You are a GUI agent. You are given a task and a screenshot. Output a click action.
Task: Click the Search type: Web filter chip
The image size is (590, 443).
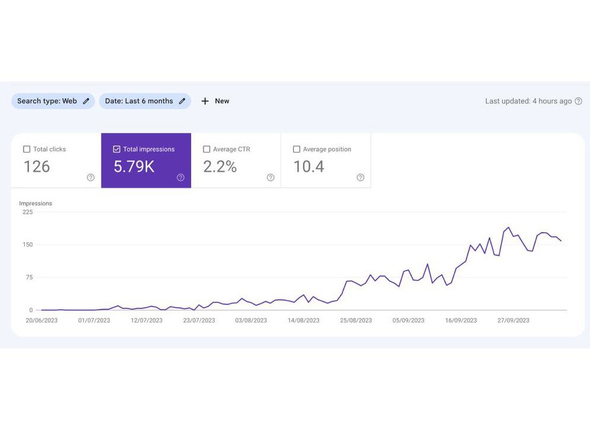tap(53, 101)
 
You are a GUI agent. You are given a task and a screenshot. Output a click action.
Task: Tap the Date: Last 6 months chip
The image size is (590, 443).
tap(145, 101)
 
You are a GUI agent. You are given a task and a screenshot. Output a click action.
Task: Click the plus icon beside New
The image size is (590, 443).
tap(205, 101)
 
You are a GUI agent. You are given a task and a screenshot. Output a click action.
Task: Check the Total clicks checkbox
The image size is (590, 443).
tap(27, 149)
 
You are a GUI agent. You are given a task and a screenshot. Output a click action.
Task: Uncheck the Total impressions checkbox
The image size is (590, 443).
tap(117, 149)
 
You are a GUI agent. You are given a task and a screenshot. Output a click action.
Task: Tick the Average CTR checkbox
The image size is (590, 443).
tap(206, 149)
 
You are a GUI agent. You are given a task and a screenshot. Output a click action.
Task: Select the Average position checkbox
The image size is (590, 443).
tap(297, 149)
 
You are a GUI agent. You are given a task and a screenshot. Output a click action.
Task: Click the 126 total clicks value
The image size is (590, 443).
tap(37, 167)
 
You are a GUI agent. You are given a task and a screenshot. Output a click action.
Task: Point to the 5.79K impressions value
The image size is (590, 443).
tap(134, 167)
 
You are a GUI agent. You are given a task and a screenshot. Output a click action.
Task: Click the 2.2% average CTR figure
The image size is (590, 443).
tap(220, 167)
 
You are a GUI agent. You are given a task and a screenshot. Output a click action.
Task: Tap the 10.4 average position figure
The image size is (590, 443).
tap(309, 167)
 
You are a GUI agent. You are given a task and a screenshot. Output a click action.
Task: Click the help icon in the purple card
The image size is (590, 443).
tap(181, 177)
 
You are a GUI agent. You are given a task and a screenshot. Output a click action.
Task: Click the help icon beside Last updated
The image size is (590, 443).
tap(579, 101)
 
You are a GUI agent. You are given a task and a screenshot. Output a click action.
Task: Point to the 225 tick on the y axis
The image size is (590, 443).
tap(28, 212)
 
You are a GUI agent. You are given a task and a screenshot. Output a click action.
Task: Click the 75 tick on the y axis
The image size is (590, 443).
tap(29, 277)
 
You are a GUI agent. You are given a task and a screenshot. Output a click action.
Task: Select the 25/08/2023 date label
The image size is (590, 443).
tap(356, 320)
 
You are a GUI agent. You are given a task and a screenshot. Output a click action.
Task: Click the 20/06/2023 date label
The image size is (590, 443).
tap(41, 320)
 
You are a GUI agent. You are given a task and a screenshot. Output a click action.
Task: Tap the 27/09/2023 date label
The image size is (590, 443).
tap(513, 320)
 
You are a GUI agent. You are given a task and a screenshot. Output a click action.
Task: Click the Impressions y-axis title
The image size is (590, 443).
tap(35, 203)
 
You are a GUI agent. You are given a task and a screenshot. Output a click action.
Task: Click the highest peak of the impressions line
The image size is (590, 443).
tap(509, 227)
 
